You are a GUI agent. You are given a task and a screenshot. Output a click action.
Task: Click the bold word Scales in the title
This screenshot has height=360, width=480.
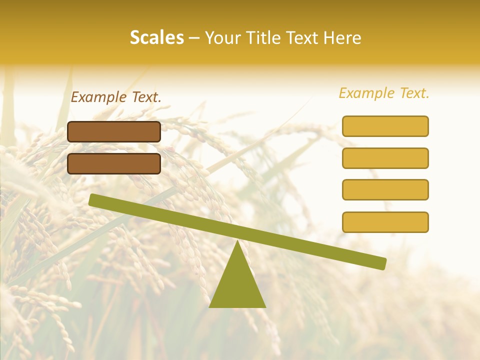pos(156,37)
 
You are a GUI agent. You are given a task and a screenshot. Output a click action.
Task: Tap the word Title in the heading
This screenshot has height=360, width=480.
pos(264,37)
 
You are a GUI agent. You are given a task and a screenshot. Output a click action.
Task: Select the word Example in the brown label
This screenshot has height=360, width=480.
pos(98,97)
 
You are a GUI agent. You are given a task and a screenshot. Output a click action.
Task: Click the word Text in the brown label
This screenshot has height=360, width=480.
pos(145,97)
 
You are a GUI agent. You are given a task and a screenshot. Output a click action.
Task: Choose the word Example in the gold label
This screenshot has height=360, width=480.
pos(366,93)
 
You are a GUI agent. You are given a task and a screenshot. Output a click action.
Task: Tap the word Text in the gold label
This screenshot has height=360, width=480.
pos(413,93)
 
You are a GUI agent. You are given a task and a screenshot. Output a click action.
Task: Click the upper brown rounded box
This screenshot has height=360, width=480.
pos(114,131)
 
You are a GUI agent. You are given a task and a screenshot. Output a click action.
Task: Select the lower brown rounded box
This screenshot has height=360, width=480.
pos(114,163)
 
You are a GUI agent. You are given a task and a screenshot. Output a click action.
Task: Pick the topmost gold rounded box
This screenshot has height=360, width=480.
pos(385,126)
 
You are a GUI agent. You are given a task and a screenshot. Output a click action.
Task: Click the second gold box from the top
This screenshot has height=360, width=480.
pos(385,158)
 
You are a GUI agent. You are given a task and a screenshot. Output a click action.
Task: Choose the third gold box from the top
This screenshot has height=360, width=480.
pos(385,189)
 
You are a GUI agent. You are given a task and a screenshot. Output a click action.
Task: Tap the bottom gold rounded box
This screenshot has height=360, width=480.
pos(385,222)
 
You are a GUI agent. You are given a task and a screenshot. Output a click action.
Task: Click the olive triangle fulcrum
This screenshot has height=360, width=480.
pos(237,285)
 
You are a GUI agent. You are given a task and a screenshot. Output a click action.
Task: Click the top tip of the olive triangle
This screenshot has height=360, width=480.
pos(238,242)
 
